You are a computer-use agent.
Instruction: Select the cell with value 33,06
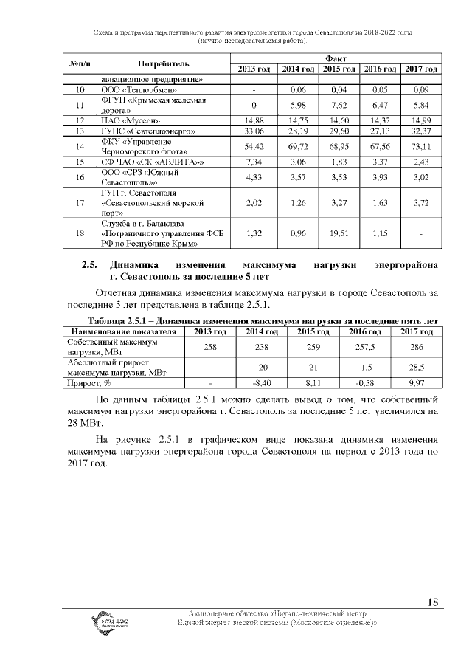[254, 131]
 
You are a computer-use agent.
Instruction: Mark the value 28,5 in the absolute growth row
[417, 368]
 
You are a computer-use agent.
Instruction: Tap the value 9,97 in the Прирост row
[417, 383]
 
